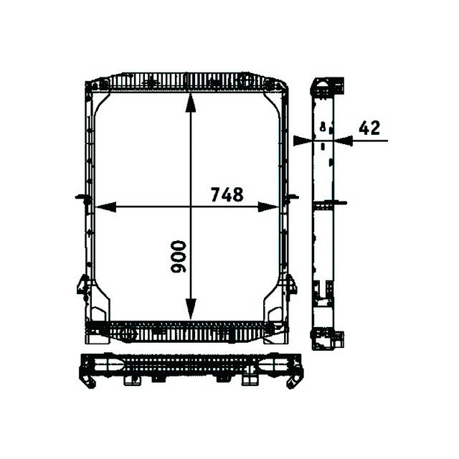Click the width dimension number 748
[x=227, y=194]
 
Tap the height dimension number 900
[x=178, y=257]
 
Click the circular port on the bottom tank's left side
[x=130, y=333]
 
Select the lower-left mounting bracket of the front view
[x=83, y=286]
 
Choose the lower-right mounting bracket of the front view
[x=290, y=285]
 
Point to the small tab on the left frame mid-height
[x=80, y=197]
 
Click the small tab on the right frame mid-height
[x=292, y=197]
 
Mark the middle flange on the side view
[x=326, y=204]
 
